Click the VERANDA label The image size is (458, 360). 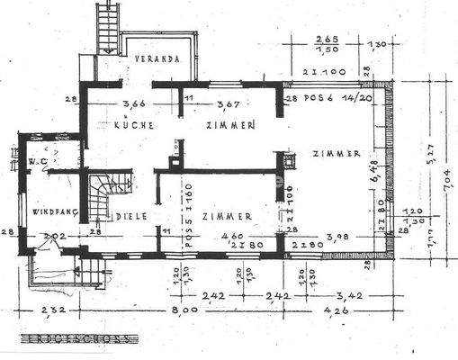(x=158, y=58)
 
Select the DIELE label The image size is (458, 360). (x=125, y=216)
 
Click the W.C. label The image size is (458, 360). (x=37, y=163)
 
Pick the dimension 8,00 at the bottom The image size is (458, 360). (x=184, y=312)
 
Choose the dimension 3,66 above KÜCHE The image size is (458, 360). (x=134, y=104)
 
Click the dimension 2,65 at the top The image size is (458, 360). (x=327, y=40)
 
